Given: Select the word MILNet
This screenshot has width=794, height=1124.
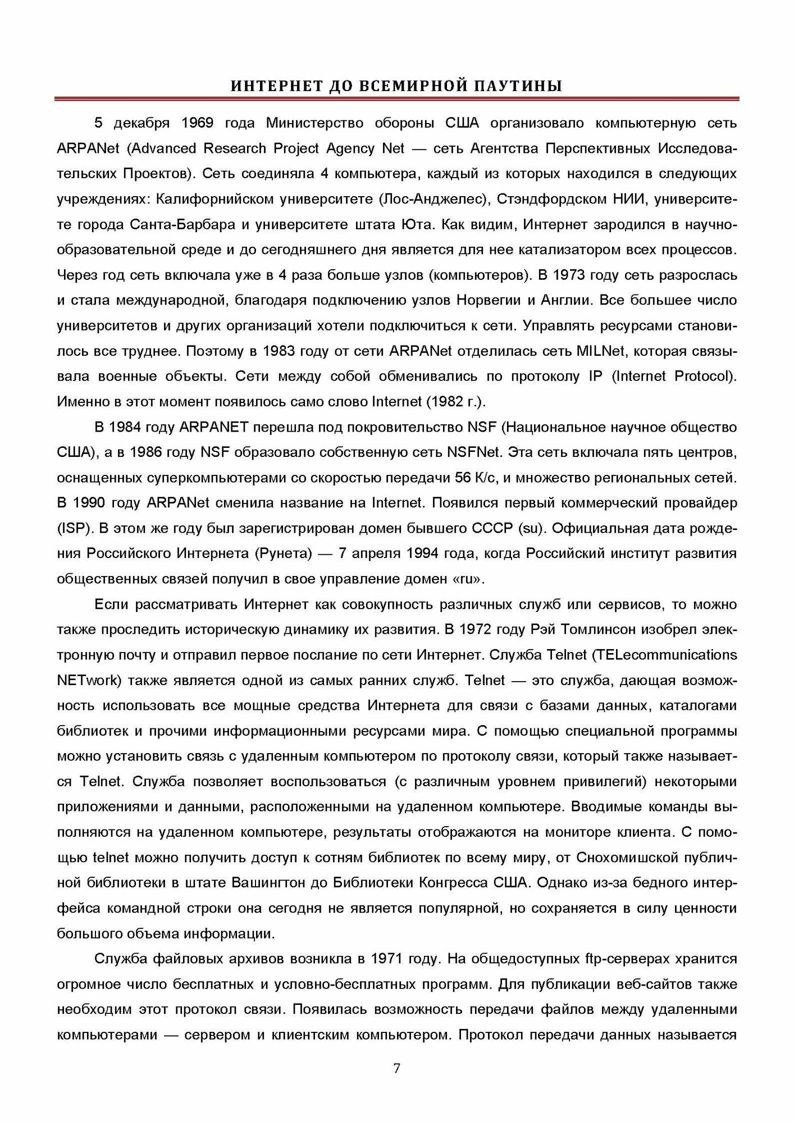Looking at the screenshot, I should click(603, 351).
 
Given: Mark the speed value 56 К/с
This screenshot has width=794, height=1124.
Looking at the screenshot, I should click(476, 478).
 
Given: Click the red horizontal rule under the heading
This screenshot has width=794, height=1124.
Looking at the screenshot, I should click(397, 99).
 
